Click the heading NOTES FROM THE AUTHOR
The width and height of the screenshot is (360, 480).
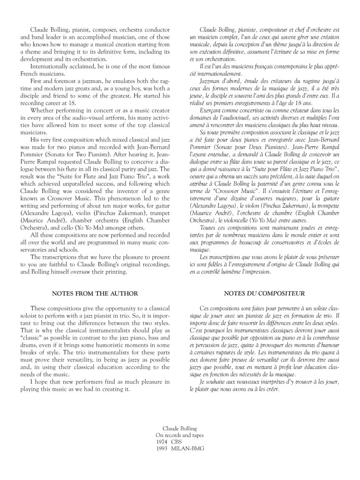click(x=95, y=293)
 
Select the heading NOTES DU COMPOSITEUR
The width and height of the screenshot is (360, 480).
click(x=264, y=293)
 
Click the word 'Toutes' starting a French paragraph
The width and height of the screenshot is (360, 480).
click(x=208, y=228)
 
